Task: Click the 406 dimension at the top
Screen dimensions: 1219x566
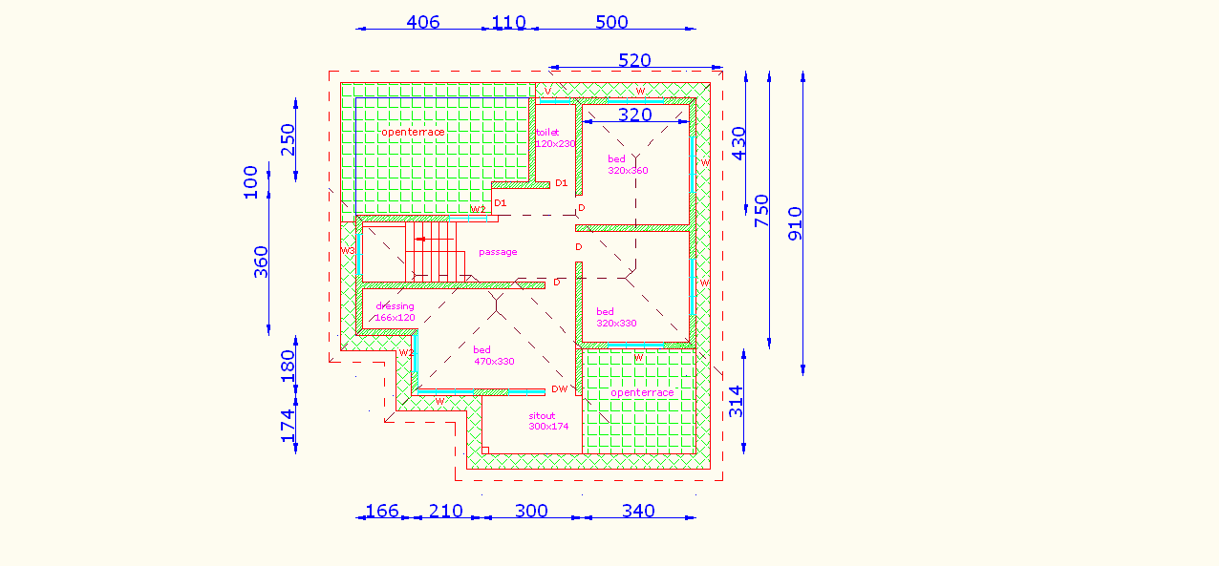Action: (x=422, y=22)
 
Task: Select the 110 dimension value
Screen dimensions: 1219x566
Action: (x=508, y=22)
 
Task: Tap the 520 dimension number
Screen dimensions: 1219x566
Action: (x=634, y=60)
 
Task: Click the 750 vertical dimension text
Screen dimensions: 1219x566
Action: (x=761, y=209)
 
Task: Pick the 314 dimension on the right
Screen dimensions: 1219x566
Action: (x=736, y=401)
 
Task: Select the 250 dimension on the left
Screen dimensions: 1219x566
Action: (x=288, y=139)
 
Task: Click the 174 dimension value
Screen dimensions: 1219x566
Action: (x=288, y=425)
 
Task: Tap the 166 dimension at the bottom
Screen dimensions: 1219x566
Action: (x=382, y=511)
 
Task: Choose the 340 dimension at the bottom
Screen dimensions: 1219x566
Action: (x=638, y=511)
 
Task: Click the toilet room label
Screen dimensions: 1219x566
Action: (x=547, y=133)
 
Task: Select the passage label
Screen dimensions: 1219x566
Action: (x=498, y=252)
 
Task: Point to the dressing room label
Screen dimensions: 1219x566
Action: (x=395, y=306)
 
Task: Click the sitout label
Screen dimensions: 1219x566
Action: (x=542, y=416)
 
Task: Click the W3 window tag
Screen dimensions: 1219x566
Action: (x=348, y=251)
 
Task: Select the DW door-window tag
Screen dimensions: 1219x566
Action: (x=559, y=388)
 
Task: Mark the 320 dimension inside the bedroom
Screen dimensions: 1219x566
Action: (x=634, y=115)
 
